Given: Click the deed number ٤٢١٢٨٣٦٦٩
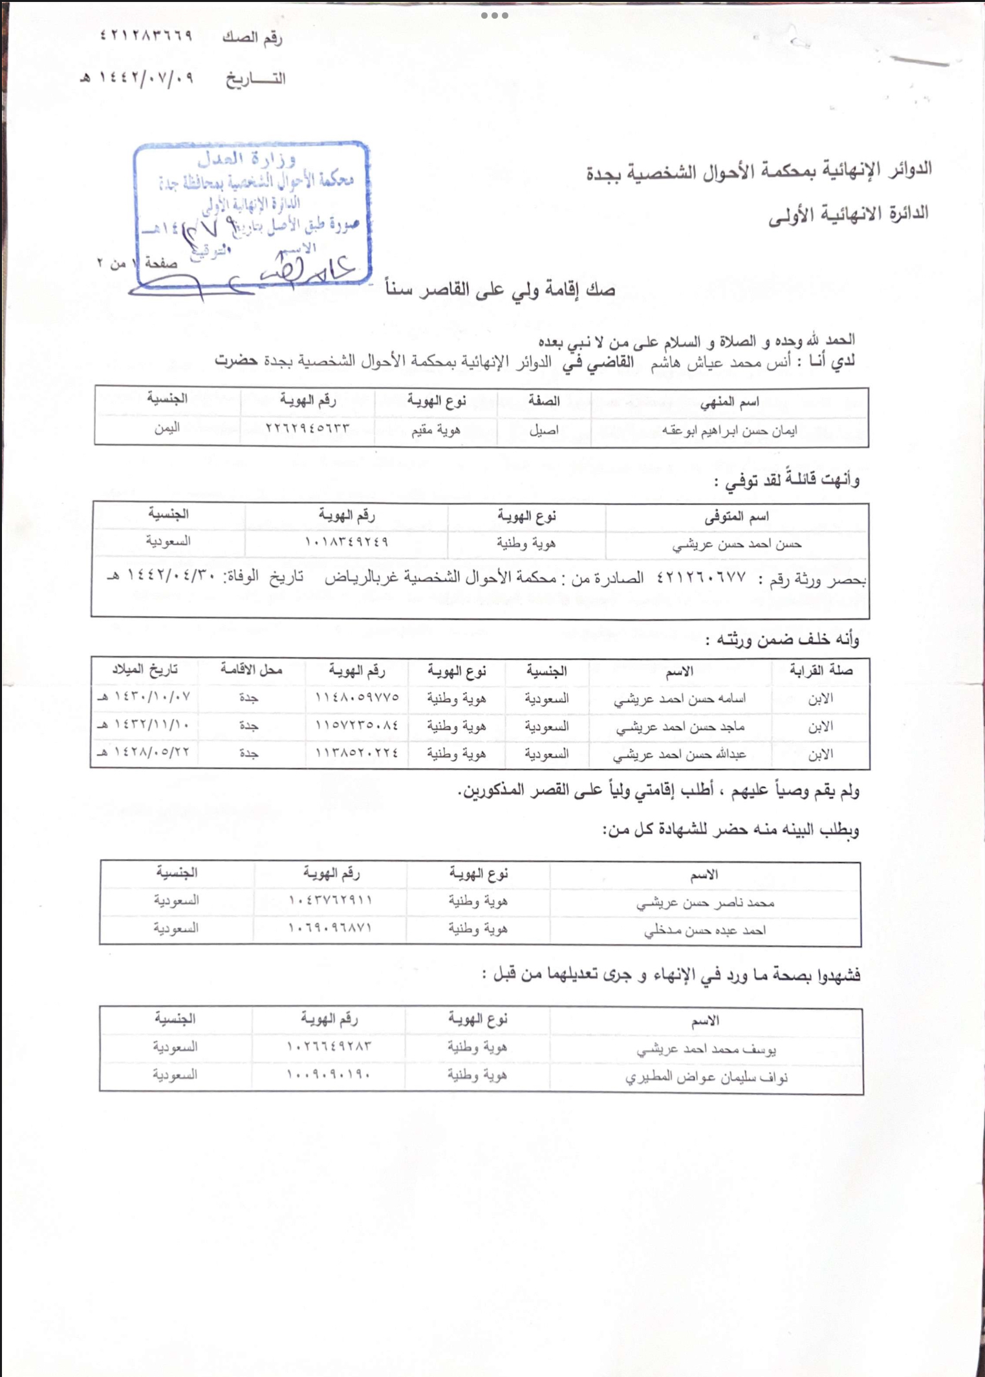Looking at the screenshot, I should (146, 36).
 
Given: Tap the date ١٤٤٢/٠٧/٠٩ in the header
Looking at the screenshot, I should (142, 78).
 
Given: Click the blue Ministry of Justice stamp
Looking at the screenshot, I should (252, 213).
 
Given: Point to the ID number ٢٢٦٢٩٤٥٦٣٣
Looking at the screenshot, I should (307, 428).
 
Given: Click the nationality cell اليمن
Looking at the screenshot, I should (166, 428).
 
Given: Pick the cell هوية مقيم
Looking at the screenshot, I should (436, 430).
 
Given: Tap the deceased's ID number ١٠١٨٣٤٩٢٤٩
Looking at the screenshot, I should (347, 542).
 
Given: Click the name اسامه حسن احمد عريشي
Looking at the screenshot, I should (680, 699).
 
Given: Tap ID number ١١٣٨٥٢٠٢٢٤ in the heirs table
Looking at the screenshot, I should (356, 753).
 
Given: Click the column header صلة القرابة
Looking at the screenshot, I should (820, 671).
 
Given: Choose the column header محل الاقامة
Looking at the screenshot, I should (251, 670).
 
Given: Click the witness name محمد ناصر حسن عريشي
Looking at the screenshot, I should (705, 902).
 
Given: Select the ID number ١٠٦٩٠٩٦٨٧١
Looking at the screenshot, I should (330, 928).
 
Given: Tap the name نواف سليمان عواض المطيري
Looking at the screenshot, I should (706, 1078).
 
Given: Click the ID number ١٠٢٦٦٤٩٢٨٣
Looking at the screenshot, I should (329, 1046).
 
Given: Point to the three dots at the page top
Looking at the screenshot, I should (495, 16).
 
